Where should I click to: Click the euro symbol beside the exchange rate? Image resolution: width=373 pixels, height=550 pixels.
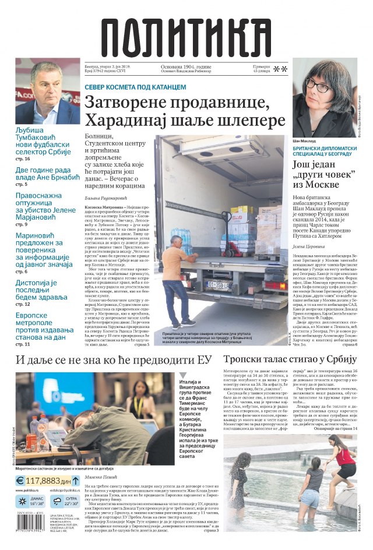point(20,481)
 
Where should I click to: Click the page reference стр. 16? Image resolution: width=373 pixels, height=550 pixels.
point(23,158)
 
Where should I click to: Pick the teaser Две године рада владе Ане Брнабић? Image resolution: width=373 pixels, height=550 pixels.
point(47,174)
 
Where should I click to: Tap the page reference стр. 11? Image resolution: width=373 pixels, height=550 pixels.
point(23,344)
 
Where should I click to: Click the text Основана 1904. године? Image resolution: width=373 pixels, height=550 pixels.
point(186,68)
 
